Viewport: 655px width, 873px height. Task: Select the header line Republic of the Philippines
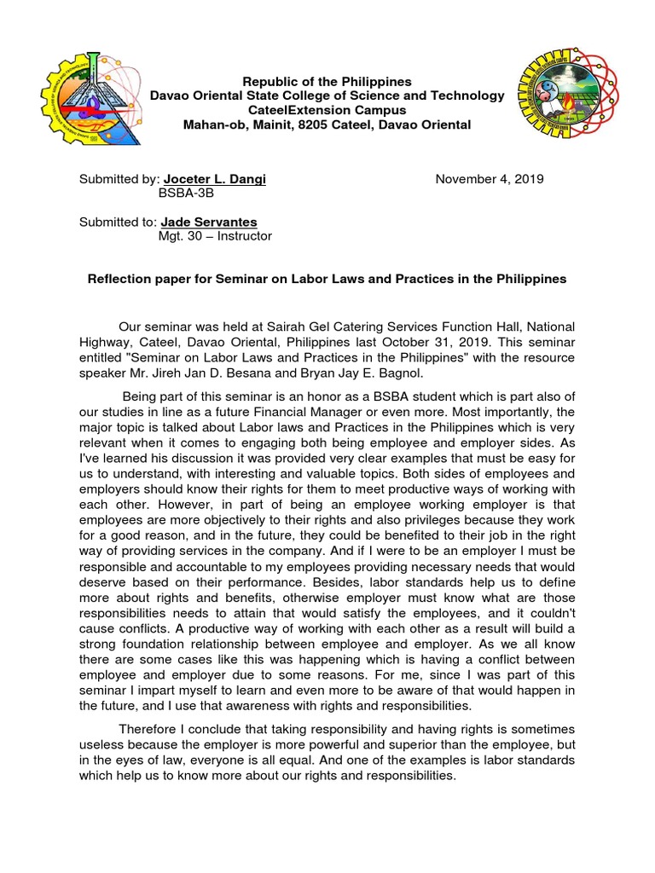click(327, 82)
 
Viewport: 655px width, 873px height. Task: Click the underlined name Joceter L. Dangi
click(217, 179)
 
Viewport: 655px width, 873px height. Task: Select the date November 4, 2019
click(490, 179)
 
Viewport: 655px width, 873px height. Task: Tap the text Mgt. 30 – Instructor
click(215, 237)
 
